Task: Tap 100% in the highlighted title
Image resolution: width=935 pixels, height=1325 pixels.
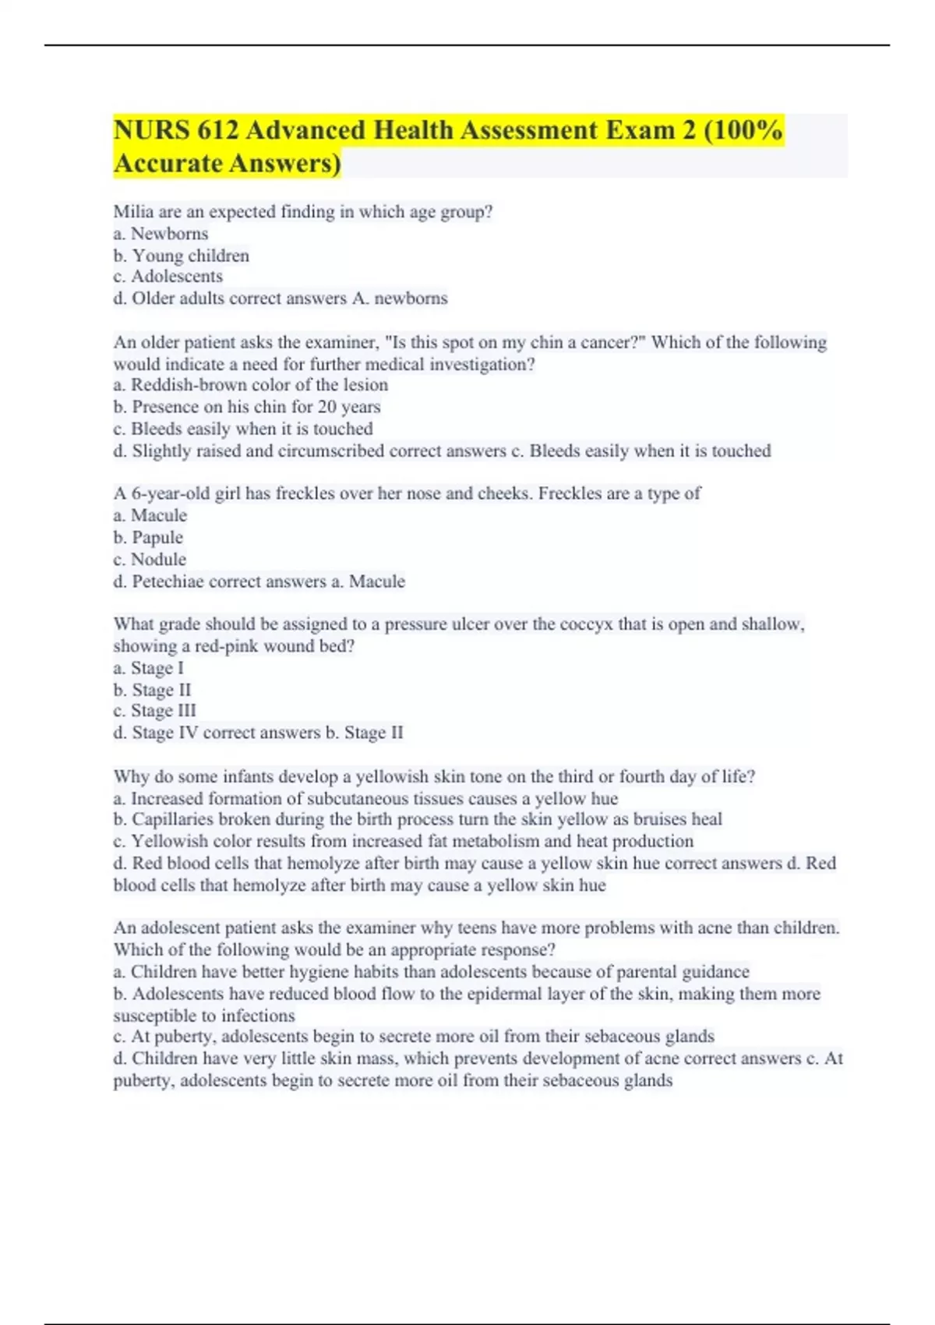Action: click(x=752, y=130)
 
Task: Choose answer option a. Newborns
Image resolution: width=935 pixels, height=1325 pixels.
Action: click(x=161, y=234)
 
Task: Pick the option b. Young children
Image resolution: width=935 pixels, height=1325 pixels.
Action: click(x=181, y=256)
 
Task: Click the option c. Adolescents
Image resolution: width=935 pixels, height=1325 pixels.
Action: click(x=168, y=277)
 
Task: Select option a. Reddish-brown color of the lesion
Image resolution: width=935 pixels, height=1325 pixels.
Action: click(x=250, y=385)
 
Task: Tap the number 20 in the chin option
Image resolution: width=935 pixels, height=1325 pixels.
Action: click(x=327, y=407)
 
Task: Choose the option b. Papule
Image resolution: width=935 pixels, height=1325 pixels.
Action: click(x=148, y=538)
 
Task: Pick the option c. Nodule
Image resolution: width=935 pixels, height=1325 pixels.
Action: click(x=150, y=560)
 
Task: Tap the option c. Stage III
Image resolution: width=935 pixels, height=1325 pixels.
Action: click(x=154, y=711)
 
